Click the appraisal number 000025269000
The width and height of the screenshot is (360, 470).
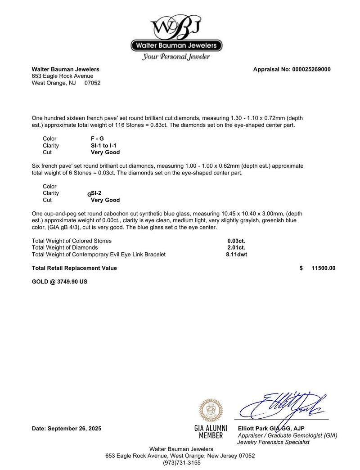(x=311, y=69)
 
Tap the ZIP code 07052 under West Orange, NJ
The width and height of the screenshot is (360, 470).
(x=92, y=83)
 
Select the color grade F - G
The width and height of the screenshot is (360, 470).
(x=97, y=139)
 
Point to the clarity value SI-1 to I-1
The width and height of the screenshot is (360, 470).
(x=103, y=145)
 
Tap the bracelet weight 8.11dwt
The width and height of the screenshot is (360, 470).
(x=236, y=254)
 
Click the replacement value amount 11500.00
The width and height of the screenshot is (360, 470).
(x=323, y=268)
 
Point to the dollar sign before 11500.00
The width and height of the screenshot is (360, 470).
(x=301, y=268)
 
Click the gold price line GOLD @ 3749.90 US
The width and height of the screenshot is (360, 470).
(x=59, y=282)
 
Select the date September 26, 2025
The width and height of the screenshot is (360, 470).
(x=67, y=429)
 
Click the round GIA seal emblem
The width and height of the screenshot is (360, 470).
(x=211, y=410)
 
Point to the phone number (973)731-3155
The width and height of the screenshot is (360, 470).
(x=180, y=462)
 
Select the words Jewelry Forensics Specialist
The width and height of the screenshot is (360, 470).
(x=273, y=442)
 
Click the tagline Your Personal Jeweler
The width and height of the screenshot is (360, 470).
(x=176, y=57)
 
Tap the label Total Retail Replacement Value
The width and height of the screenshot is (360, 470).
(x=74, y=268)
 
